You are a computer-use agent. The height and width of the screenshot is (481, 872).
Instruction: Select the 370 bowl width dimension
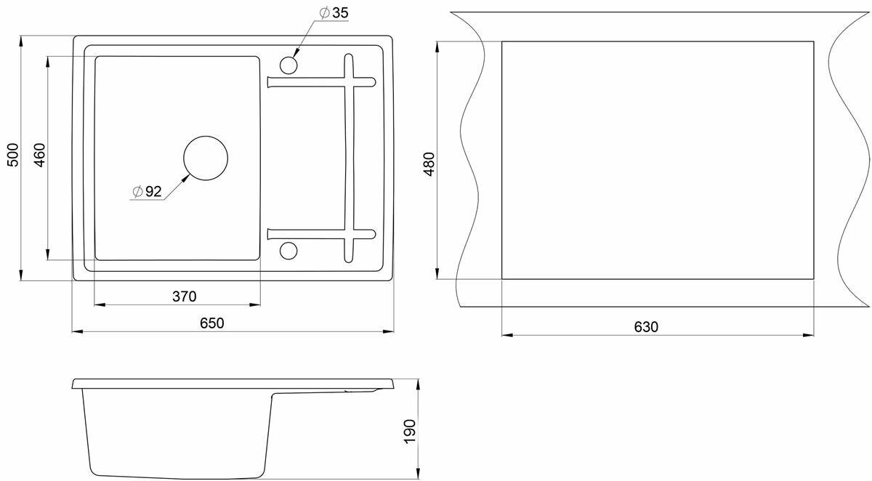pyautogui.click(x=184, y=296)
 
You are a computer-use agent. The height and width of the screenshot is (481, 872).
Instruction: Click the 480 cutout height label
pyautogui.click(x=429, y=164)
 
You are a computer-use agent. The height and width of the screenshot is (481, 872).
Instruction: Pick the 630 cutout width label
pyautogui.click(x=645, y=327)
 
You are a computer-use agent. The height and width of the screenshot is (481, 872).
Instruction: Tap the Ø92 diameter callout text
pyautogui.click(x=148, y=192)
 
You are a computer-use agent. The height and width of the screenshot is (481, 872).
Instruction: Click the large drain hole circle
pyautogui.click(x=206, y=158)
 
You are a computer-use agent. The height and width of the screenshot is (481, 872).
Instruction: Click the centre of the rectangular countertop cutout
pyautogui.click(x=658, y=160)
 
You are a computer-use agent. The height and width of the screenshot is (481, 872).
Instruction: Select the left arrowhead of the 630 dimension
pyautogui.click(x=506, y=335)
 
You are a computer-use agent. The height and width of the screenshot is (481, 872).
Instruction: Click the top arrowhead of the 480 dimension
pyautogui.click(x=437, y=45)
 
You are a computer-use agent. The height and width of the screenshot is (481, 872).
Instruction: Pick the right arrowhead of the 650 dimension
pyautogui.click(x=389, y=331)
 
